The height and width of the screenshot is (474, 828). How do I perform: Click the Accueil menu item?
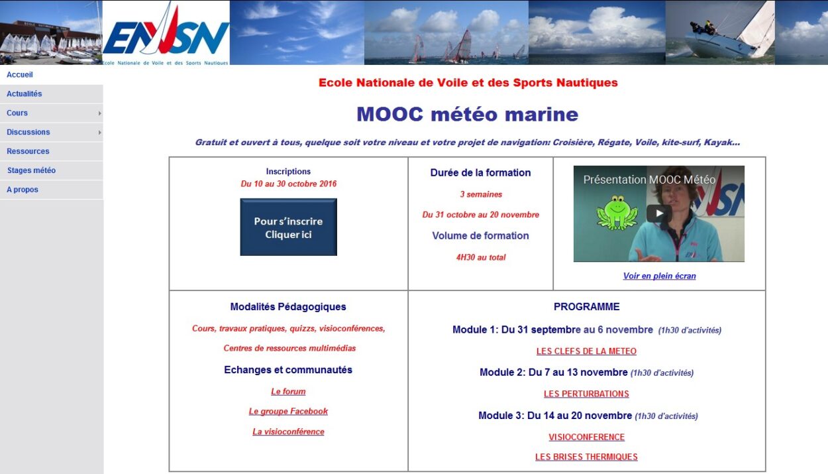20,75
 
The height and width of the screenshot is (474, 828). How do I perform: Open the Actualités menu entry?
24,94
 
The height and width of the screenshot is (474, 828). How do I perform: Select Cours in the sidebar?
17,113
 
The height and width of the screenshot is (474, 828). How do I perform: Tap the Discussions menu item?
28,132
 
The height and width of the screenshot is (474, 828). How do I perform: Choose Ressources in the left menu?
28,151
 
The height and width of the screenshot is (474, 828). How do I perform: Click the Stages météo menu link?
31,170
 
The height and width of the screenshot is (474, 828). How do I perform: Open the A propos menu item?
22,190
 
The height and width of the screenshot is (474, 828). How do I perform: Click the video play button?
659,213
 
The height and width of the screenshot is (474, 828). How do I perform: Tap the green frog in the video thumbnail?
617,212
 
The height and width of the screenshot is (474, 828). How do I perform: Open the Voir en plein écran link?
660,276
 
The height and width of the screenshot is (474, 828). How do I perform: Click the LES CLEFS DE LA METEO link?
586,351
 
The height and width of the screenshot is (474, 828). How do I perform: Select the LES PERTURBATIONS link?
586,394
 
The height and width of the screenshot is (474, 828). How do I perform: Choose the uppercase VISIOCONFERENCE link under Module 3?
586,437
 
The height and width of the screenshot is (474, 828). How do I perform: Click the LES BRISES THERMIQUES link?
586,457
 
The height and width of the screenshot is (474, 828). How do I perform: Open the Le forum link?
288,392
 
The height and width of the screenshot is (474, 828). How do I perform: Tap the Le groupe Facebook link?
288,412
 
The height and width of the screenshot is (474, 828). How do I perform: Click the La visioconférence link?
288,432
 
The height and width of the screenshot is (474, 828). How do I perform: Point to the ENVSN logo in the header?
166,33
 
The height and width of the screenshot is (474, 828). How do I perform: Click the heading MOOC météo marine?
467,114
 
